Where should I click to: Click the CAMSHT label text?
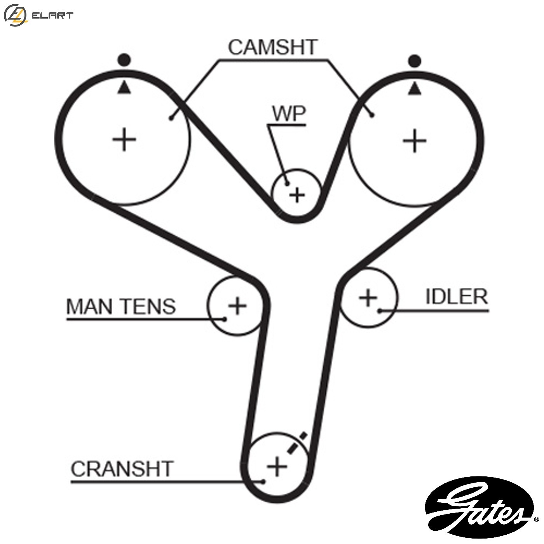(x=273, y=47)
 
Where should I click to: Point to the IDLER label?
(x=456, y=297)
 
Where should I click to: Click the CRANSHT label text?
(x=122, y=469)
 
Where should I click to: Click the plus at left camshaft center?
(x=124, y=139)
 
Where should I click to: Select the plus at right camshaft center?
(x=415, y=140)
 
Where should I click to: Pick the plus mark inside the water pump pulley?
(x=298, y=195)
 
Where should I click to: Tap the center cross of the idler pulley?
(x=368, y=298)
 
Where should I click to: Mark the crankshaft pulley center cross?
(x=277, y=466)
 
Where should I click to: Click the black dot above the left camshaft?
(x=124, y=60)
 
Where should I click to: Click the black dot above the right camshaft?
(x=415, y=61)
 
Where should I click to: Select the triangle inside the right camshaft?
(x=415, y=89)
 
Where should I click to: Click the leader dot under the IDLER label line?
(x=380, y=310)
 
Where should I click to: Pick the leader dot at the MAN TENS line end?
(x=225, y=319)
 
